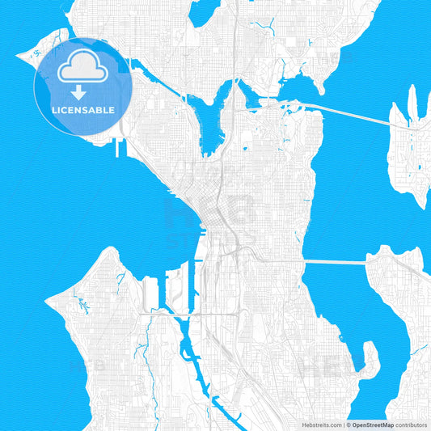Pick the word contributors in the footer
pyautogui.click(x=411, y=424)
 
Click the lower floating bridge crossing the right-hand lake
pyautogui.click(x=336, y=261)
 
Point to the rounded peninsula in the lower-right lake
pyautogui.click(x=369, y=360)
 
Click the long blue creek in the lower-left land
pyautogui.click(x=142, y=353)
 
